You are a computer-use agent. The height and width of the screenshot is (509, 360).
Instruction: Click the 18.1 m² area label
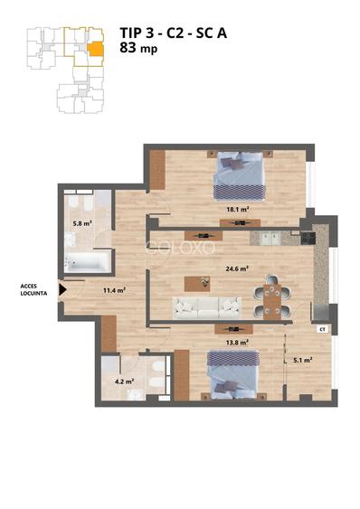click(239, 209)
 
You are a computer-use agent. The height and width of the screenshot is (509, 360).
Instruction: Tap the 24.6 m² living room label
click(212, 268)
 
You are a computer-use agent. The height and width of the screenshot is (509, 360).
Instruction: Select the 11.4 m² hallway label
click(114, 290)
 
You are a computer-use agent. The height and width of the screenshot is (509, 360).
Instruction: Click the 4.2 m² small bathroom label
click(125, 382)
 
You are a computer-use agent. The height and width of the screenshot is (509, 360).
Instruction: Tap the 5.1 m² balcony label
click(303, 360)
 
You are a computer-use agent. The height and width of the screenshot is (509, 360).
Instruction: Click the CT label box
click(321, 330)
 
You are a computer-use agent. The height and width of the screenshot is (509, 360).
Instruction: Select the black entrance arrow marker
click(62, 290)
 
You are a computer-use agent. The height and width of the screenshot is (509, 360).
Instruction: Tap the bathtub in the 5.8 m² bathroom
click(88, 263)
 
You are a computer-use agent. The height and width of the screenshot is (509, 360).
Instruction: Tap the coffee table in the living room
click(200, 283)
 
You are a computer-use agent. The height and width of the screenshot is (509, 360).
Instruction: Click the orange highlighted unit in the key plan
click(94, 48)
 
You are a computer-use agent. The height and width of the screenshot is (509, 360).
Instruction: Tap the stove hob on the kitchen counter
click(307, 238)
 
